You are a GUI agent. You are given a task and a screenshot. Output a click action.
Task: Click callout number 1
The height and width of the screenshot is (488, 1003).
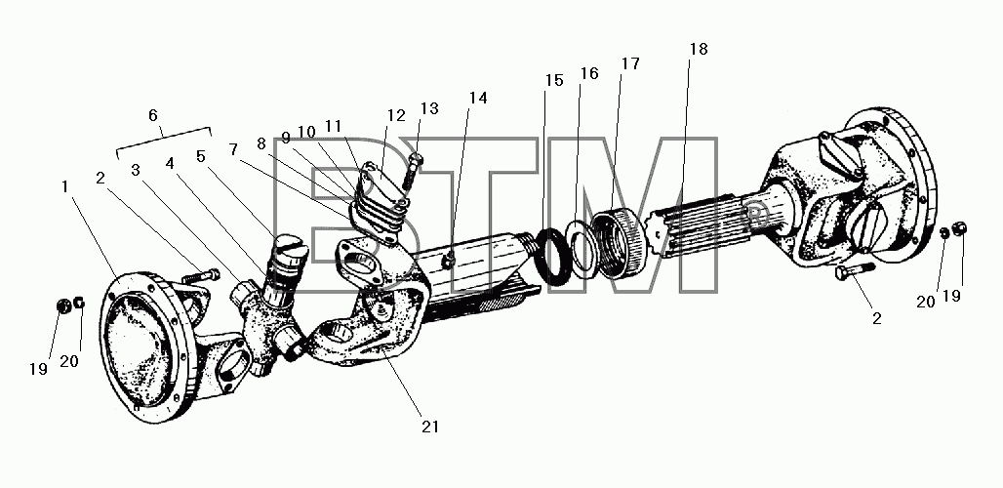[64, 186]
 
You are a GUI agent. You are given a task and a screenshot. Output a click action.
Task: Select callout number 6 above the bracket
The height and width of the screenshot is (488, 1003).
[153, 115]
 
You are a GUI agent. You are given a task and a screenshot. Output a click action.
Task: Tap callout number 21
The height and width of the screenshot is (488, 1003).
[430, 427]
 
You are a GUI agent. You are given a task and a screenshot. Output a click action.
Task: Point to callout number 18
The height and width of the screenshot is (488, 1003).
[699, 49]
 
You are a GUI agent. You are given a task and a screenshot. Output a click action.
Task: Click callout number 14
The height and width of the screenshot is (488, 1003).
[478, 98]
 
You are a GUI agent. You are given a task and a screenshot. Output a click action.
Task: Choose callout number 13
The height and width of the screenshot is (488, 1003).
[430, 108]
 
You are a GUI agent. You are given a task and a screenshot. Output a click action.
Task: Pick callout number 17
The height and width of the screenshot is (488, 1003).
[630, 64]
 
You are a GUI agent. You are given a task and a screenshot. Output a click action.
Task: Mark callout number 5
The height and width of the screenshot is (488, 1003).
[202, 156]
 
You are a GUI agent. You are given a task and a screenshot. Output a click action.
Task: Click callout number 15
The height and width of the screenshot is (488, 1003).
[554, 81]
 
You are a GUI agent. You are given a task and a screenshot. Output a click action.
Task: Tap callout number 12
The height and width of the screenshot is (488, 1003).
[396, 116]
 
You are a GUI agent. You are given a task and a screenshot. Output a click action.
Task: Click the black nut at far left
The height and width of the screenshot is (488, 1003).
[64, 306]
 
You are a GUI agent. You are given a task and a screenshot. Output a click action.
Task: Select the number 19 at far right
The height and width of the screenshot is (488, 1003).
[952, 296]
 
